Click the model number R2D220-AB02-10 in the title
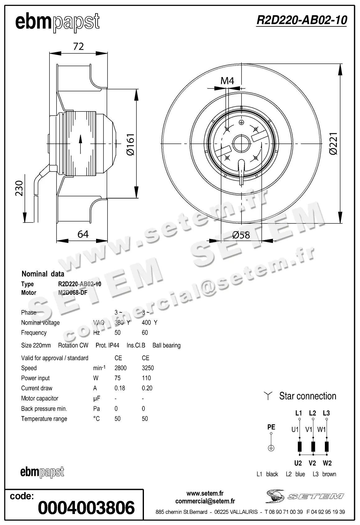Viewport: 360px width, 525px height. pos(301,20)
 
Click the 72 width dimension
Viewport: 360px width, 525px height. pos(78,46)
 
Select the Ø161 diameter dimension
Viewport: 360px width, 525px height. pos(130,144)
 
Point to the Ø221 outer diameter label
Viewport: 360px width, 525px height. pos(333,144)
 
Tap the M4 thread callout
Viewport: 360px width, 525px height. pos(227,81)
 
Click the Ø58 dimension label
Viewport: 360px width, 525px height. pos(241,235)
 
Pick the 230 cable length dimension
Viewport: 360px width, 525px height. pos(19,188)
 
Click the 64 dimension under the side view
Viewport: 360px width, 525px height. pos(83,234)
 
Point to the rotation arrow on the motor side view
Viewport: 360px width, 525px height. pos(81,144)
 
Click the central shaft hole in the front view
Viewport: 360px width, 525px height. pos(241,144)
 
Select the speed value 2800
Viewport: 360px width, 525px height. pos(120,368)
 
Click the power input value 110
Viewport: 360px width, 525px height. pos(146,378)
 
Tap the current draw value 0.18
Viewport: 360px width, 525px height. pos(120,388)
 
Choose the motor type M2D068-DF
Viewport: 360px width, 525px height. pos(72,293)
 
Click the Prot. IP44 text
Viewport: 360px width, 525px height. pos(107,345)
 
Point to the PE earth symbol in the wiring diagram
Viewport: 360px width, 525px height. pos(271,448)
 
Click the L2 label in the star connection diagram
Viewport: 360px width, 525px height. pos(312,413)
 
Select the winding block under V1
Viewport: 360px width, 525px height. pos(313,446)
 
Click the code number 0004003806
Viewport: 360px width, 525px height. pos(86,508)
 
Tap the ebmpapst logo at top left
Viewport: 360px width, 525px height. pos(58,22)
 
